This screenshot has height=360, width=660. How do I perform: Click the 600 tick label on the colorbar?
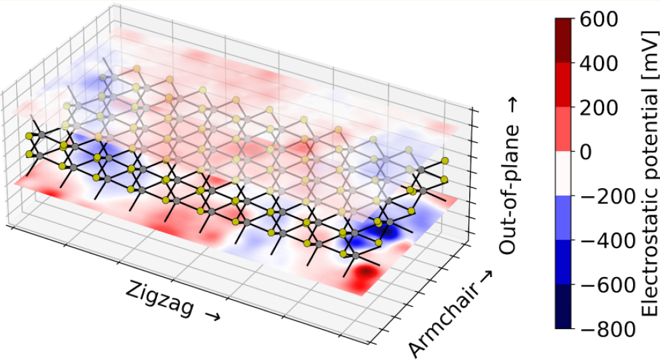click(599, 20)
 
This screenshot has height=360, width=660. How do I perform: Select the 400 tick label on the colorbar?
click(599, 64)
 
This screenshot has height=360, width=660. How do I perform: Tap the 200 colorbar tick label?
click(599, 108)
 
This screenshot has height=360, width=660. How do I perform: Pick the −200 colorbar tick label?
click(604, 197)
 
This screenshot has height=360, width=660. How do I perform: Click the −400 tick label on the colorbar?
click(604, 241)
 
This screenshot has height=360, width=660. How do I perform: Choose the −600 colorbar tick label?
click(604, 285)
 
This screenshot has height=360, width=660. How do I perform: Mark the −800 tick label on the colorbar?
click(604, 329)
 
